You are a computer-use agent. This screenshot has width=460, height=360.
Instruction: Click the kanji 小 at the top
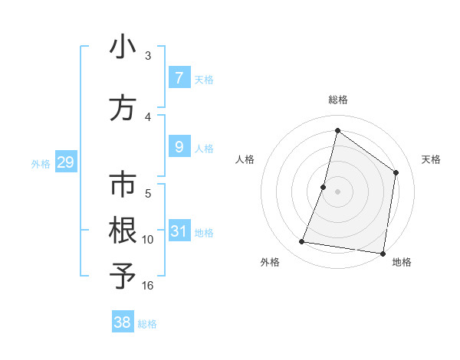(x=123, y=47)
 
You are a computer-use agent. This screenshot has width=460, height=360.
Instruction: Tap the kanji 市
(x=123, y=186)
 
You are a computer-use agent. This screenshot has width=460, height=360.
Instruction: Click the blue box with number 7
(x=179, y=78)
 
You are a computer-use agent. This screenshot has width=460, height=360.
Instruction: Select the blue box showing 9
(x=179, y=147)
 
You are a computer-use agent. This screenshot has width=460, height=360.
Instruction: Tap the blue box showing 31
(x=179, y=231)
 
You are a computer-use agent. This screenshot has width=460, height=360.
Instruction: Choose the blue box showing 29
(x=64, y=162)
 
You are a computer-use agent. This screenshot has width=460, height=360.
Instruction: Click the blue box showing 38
(x=123, y=322)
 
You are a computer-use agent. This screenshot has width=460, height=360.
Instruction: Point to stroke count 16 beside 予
(x=148, y=286)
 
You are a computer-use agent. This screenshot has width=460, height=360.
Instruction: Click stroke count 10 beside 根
(x=148, y=240)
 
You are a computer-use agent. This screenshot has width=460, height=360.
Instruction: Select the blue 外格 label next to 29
(x=41, y=163)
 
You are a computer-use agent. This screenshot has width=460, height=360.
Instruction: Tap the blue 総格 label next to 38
(x=147, y=324)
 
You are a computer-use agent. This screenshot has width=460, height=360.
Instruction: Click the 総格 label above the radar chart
(x=337, y=100)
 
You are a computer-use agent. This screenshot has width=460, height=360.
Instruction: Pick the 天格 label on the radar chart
(x=432, y=159)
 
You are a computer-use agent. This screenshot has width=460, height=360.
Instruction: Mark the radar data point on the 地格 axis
(x=383, y=253)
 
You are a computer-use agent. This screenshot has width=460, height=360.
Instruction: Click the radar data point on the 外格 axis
(x=301, y=242)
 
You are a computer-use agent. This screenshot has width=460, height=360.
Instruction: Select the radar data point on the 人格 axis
(x=324, y=187)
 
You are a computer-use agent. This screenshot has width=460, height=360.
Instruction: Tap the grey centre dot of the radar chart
(x=337, y=191)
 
